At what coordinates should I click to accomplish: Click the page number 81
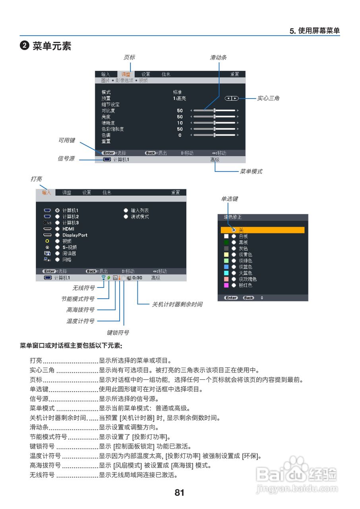(x=180, y=493)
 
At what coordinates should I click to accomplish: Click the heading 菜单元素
(x=52, y=46)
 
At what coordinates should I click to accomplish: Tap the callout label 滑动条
(x=218, y=58)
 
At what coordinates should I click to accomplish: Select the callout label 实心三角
(x=268, y=98)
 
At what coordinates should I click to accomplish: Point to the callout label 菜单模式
(x=251, y=172)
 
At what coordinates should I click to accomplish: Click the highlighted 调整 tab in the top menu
(x=126, y=74)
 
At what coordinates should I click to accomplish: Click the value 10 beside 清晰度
(x=180, y=123)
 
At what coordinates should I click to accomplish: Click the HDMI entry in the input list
(x=68, y=229)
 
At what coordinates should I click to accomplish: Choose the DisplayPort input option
(x=75, y=235)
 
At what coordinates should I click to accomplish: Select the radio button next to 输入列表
(x=126, y=210)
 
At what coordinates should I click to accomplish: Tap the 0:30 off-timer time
(x=137, y=278)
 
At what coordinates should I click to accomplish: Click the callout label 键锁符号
(x=118, y=332)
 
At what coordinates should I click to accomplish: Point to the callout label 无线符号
(x=83, y=288)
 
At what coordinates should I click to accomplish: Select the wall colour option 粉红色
(x=245, y=285)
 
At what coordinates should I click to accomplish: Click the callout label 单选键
(x=229, y=199)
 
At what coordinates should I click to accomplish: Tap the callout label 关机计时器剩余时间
(x=177, y=304)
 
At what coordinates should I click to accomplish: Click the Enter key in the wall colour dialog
(x=231, y=298)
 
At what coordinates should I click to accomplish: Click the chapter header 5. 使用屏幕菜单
(x=314, y=31)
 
